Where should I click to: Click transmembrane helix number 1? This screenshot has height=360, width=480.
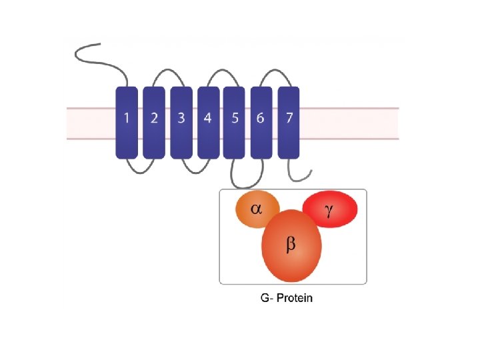point(127,122)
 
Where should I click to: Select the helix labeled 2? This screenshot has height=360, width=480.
point(154,122)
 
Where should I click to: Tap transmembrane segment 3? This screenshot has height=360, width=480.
point(181,122)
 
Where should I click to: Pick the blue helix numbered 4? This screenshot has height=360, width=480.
point(208,122)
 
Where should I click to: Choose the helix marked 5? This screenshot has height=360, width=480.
point(234,122)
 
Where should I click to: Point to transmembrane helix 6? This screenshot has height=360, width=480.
point(261,122)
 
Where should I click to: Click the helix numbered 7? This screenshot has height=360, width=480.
point(289,122)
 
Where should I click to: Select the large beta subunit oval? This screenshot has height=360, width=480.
point(292,247)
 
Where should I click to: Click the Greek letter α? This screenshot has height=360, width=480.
point(256,209)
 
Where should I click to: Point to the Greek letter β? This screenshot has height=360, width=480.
point(291,245)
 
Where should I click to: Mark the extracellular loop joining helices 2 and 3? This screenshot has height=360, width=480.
point(167,69)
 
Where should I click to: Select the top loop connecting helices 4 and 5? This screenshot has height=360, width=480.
point(221,69)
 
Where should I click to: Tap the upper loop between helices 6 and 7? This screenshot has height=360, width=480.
point(275,69)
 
